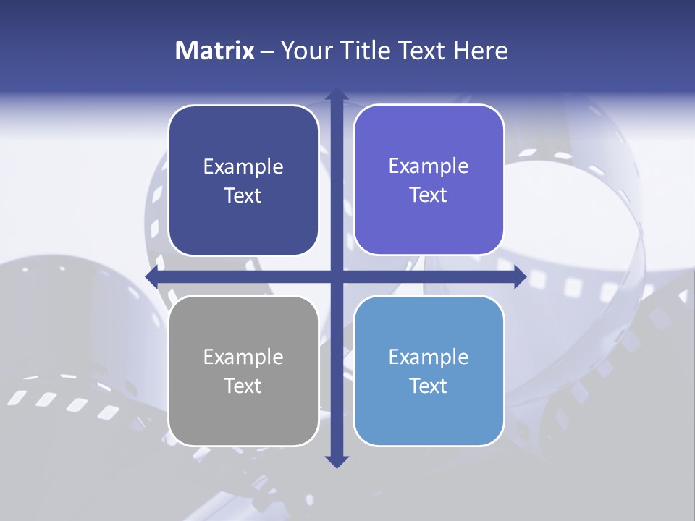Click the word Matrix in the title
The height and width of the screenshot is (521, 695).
215,51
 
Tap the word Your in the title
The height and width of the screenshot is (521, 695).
303,51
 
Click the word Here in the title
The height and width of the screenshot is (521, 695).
481,51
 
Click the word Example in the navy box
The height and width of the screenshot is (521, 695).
243,167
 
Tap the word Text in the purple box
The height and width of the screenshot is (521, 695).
429,195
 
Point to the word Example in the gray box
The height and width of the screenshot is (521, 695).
243,357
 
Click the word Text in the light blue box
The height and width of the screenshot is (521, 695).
429,386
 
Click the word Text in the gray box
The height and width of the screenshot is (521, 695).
243,386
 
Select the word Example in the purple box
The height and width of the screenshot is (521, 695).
429,166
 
